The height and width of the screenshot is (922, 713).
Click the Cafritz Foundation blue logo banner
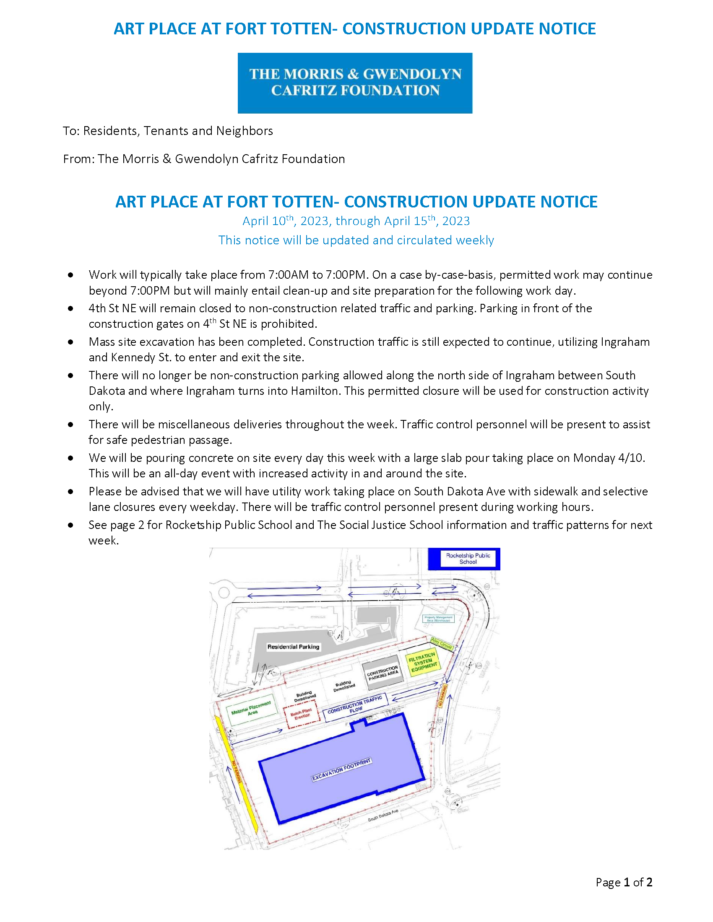click(x=355, y=83)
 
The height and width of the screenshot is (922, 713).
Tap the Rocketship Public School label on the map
click(x=468, y=559)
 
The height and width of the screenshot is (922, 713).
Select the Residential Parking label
click(x=293, y=647)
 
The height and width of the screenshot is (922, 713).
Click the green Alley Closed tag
click(x=441, y=643)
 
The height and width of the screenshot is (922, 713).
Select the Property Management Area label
click(x=438, y=619)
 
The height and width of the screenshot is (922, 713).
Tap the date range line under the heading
click(x=356, y=221)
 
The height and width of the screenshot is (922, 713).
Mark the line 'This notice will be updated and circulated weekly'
click(x=356, y=240)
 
